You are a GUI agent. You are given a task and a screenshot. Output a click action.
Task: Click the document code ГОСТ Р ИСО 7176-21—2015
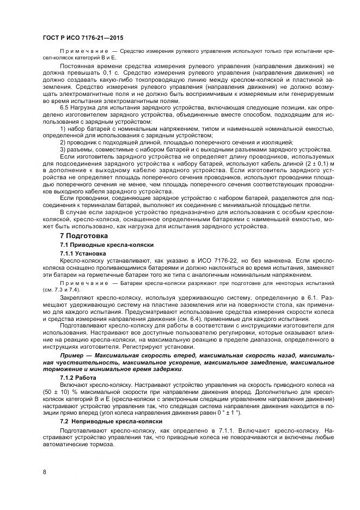[x=82, y=38]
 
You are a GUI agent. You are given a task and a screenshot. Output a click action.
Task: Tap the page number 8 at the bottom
[x=44, y=471]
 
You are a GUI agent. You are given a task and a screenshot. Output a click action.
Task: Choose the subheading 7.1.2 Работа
[x=77, y=377]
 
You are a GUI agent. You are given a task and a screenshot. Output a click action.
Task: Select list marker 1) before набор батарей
[x=63, y=128]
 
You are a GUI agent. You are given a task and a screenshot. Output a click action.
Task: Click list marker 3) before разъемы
[x=63, y=149]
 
